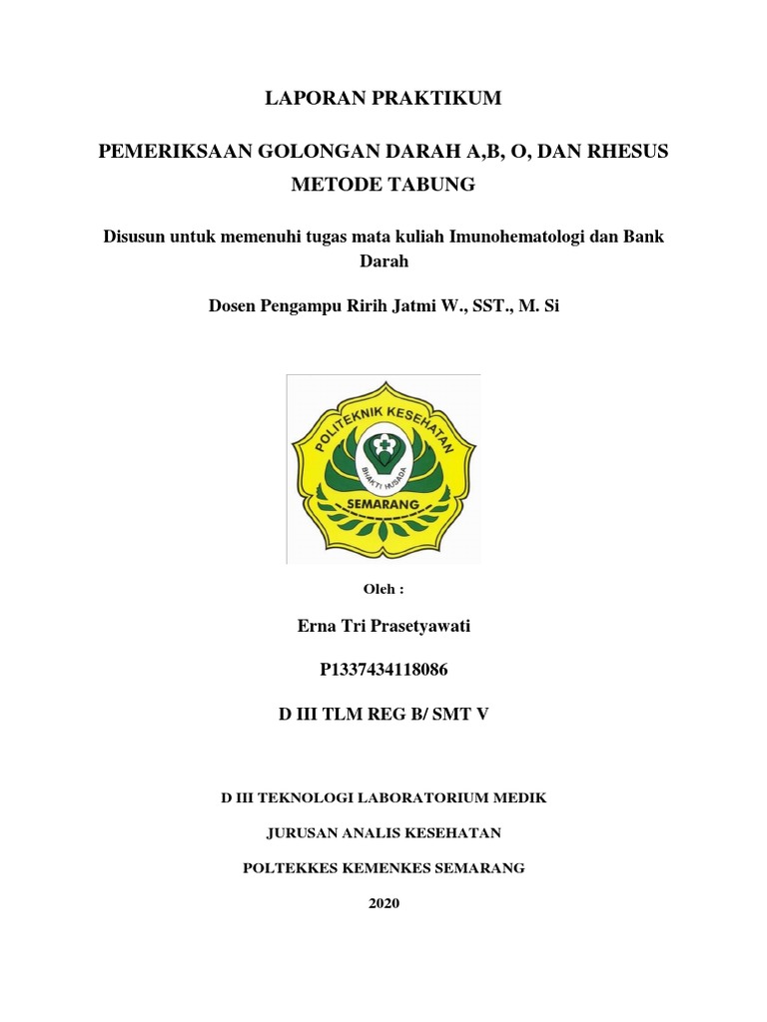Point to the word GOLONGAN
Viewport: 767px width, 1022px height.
313,154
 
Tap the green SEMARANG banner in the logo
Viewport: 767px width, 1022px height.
383,505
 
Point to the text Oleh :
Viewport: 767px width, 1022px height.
383,590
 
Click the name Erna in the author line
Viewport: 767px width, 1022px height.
318,627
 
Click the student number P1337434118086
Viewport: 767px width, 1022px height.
383,670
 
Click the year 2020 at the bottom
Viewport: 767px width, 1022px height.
383,903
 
